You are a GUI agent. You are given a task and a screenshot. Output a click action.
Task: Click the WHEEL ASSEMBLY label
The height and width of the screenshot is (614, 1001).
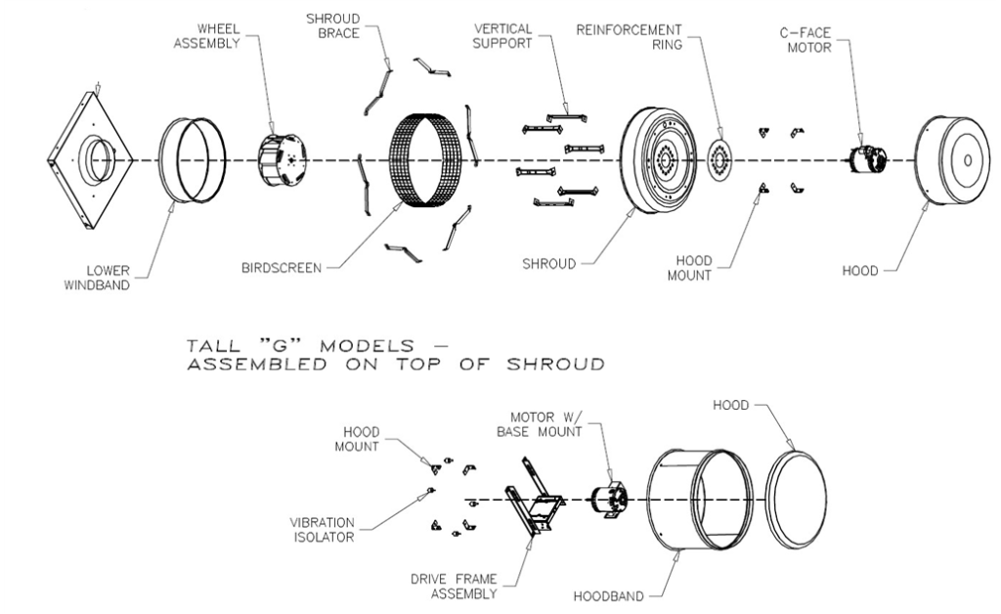pos(206,36)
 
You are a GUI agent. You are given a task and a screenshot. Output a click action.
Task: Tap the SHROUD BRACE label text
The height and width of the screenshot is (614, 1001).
pos(333,25)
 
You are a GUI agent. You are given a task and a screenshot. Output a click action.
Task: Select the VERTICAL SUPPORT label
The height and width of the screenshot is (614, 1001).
pos(502,36)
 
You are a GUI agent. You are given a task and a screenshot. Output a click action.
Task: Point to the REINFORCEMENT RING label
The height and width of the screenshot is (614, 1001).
pos(629,37)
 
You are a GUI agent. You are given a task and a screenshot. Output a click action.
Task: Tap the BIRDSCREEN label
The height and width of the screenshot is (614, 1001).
pos(282,268)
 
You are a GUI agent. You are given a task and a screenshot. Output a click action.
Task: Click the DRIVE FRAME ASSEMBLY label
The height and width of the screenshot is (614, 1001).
pos(454,587)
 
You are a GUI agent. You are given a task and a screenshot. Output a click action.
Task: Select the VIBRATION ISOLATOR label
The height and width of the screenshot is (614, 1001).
pos(322,530)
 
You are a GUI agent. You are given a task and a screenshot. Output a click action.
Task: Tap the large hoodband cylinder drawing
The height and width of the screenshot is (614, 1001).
pos(699,500)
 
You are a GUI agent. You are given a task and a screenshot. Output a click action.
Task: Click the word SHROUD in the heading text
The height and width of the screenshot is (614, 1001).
pos(555,365)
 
